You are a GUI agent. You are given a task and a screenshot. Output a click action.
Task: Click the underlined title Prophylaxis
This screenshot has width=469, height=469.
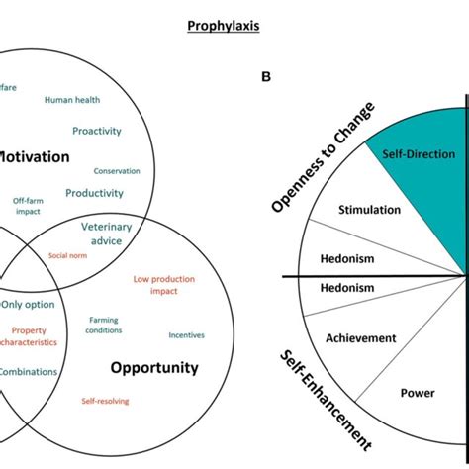[x=224, y=26]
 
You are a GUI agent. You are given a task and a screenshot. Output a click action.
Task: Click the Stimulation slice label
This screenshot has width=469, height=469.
[x=370, y=210]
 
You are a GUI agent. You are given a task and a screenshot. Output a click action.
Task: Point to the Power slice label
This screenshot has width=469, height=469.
[x=417, y=392]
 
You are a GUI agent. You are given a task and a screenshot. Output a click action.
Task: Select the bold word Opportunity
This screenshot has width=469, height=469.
[x=154, y=368]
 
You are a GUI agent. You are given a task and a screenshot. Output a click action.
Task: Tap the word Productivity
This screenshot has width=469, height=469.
[x=94, y=193]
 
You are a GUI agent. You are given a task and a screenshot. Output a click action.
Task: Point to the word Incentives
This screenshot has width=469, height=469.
[x=187, y=334]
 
